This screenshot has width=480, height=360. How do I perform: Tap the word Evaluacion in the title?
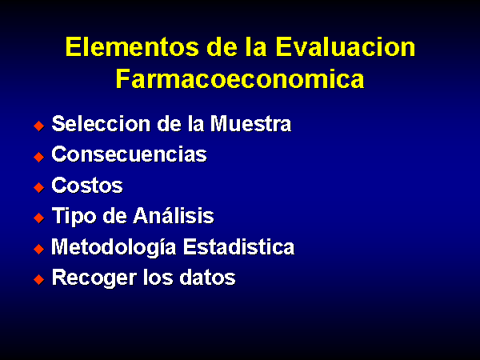[346, 47]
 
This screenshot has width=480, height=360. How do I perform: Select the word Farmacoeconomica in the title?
[240, 78]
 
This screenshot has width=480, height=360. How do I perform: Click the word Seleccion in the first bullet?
[101, 124]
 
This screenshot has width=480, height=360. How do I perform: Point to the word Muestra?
[250, 124]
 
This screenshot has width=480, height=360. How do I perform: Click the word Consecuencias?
[129, 154]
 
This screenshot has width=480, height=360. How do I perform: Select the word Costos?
[87, 186]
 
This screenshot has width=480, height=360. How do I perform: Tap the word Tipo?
[74, 216]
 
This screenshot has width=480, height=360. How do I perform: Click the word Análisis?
[174, 215]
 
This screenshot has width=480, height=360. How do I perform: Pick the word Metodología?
[114, 246]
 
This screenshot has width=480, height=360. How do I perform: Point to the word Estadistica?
[238, 246]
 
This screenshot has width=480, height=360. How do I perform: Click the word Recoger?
[94, 278]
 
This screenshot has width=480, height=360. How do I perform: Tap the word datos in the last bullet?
[207, 278]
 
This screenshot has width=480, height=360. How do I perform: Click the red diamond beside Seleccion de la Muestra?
[39, 126]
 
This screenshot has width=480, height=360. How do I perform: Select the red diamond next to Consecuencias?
[39, 157]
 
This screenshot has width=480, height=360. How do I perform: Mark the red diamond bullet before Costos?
[39, 187]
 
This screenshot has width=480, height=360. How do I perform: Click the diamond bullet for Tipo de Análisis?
[39, 218]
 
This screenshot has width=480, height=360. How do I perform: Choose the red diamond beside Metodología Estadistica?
[39, 249]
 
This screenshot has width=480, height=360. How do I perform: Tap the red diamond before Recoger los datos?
[39, 279]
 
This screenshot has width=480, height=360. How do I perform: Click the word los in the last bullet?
[158, 278]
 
